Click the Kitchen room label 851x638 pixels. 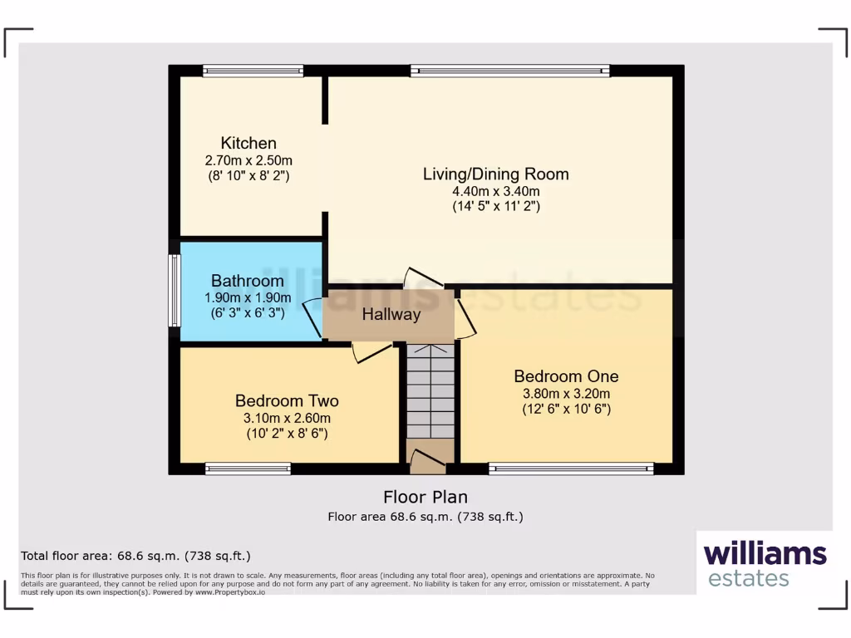click(248, 143)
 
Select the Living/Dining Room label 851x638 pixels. click(495, 174)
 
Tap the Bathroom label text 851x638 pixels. click(247, 281)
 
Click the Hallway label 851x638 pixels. click(391, 315)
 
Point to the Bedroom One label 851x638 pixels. click(565, 376)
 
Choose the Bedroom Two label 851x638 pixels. click(287, 400)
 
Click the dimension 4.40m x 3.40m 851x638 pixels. click(495, 191)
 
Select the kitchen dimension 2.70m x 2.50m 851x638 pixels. click(248, 160)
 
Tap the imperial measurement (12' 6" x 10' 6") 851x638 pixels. click(565, 410)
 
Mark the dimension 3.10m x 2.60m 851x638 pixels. click(288, 418)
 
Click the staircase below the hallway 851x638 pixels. click(430, 390)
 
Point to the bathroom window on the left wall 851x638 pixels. click(175, 290)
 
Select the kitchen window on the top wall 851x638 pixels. click(253, 71)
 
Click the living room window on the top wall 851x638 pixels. click(509, 71)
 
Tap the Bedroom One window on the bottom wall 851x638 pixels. click(571, 469)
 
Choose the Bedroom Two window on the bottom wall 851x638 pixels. click(248, 469)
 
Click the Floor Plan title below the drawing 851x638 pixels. click(425, 497)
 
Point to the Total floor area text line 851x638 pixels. click(135, 556)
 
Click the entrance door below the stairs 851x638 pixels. click(428, 459)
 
